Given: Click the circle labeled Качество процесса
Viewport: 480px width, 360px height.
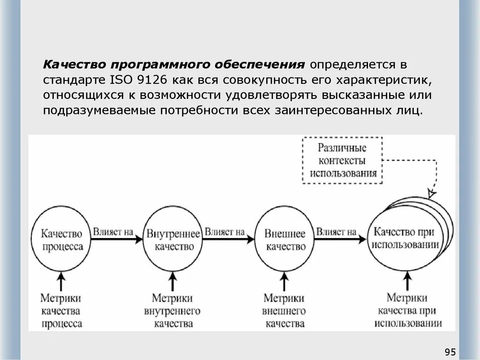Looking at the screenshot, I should click(x=61, y=239).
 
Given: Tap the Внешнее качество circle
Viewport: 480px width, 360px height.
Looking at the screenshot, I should click(x=285, y=239).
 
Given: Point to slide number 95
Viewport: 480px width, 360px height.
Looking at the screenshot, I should click(x=450, y=352).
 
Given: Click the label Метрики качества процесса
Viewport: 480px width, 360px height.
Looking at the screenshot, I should click(x=61, y=310).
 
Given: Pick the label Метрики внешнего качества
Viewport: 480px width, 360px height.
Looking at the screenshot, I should click(x=285, y=310).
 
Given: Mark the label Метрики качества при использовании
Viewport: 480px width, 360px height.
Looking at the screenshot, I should click(x=407, y=310).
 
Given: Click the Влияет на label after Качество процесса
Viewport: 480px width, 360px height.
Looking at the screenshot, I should click(x=113, y=231).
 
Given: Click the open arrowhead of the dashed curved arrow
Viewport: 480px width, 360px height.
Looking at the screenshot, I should click(x=432, y=193).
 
